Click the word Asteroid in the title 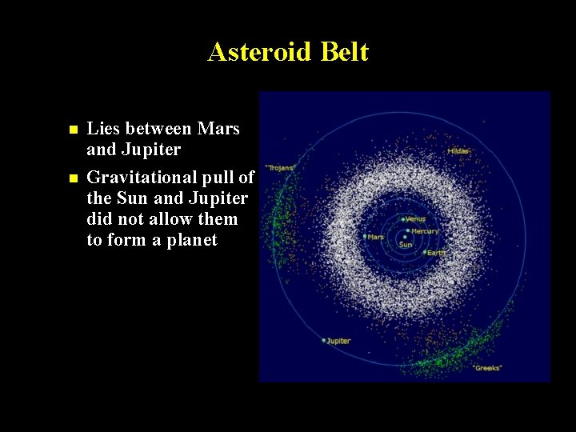[258, 52]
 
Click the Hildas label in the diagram [458, 150]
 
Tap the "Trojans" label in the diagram [280, 167]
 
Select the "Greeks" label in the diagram [487, 367]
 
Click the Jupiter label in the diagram [339, 341]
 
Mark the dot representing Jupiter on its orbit [324, 341]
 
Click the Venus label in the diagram [415, 218]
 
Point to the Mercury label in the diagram [424, 231]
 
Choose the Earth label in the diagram [436, 253]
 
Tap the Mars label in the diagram [376, 237]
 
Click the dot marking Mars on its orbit [365, 237]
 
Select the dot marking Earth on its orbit [424, 252]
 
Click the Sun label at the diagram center [406, 245]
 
